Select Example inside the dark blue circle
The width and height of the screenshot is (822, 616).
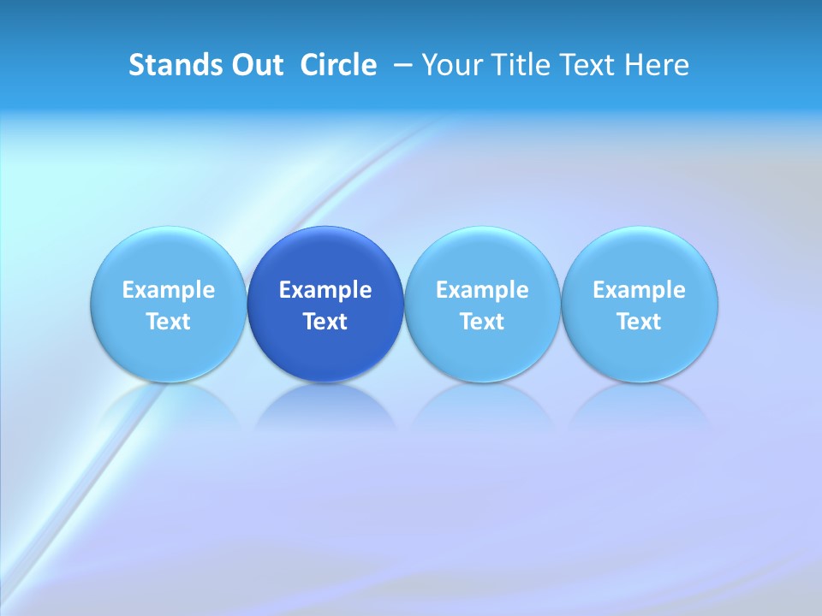325,290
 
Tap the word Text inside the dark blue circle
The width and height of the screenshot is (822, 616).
325,322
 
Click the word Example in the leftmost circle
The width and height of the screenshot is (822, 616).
169,290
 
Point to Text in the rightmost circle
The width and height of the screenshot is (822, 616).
640,322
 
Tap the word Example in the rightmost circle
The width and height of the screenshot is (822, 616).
640,290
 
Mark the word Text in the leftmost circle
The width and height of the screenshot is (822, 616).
169,322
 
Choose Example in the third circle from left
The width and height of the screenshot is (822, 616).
482,290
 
